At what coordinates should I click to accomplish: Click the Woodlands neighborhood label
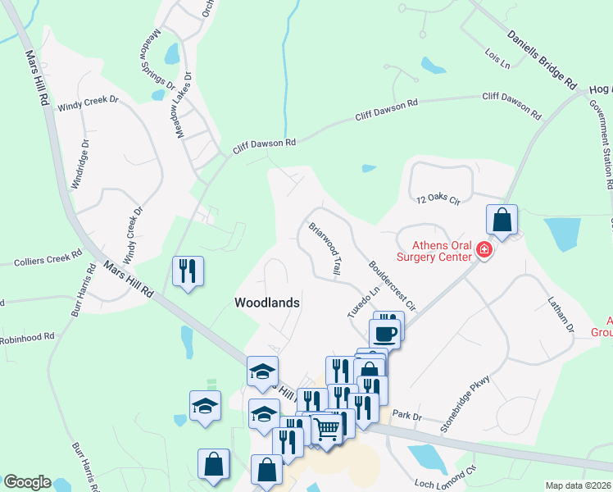[x=266, y=303]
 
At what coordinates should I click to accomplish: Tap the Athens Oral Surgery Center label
[x=434, y=249]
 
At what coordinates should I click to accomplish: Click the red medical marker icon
[x=484, y=249]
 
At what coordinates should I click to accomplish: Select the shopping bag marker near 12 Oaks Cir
[x=502, y=221]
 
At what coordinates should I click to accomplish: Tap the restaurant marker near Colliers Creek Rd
[x=188, y=272]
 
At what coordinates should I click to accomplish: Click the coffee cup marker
[x=385, y=334]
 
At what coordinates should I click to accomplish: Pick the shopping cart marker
[x=327, y=427]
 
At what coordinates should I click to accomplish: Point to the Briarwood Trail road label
[x=325, y=248]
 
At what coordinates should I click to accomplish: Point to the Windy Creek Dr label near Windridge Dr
[x=87, y=107]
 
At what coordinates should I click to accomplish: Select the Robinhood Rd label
[x=27, y=337]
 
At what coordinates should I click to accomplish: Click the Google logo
[x=26, y=482]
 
